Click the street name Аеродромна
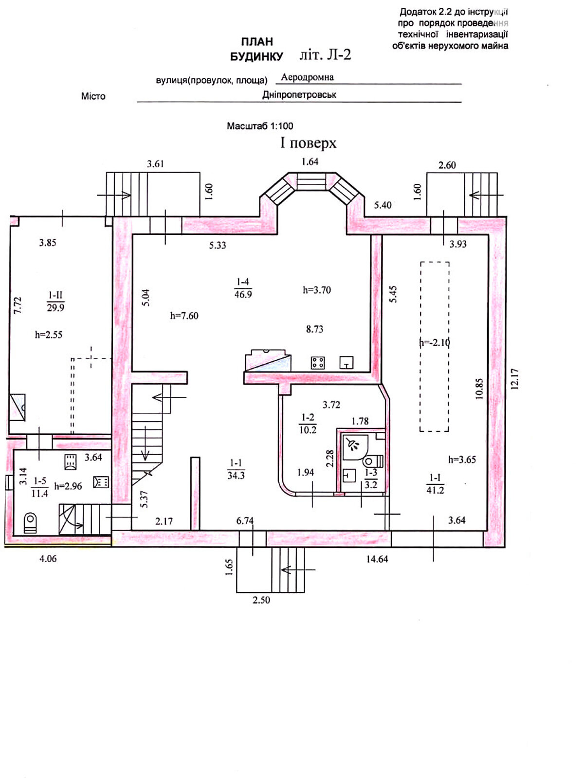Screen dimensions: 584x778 [x=307, y=77]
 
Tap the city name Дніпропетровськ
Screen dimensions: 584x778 [x=299, y=95]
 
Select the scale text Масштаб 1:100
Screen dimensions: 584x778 [x=260, y=126]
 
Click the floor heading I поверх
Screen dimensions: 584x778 [x=308, y=143]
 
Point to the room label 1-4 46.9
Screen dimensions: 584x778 [x=243, y=288]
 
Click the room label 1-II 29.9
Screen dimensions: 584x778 [x=55, y=301]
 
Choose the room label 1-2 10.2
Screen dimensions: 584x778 [x=308, y=424]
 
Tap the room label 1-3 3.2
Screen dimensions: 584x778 [x=371, y=478]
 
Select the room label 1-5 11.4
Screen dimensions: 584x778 [x=39, y=487]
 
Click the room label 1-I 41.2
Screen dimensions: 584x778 [x=435, y=484]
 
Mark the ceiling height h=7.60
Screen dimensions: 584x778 [x=184, y=316]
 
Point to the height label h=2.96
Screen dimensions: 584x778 [x=68, y=486]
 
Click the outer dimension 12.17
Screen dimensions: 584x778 [x=515, y=379]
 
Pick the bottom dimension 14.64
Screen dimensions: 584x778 [x=377, y=559]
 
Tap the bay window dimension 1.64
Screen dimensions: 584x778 [x=310, y=161]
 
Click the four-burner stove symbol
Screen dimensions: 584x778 [x=318, y=363]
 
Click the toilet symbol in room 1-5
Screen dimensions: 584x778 [x=30, y=523]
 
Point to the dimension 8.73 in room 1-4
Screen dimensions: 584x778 [x=314, y=329]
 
